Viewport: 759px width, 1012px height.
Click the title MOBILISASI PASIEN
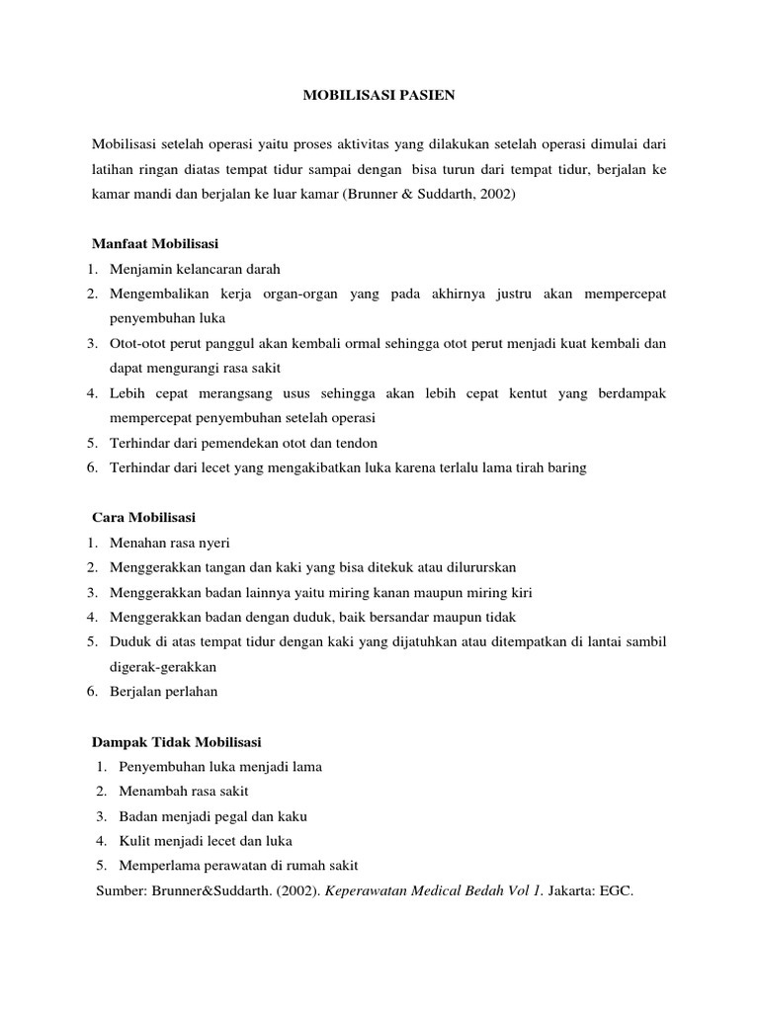(379, 96)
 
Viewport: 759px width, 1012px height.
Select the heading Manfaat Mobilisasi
(155, 243)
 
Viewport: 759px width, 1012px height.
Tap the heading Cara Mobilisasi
(143, 518)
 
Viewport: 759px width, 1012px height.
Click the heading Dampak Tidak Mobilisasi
(176, 741)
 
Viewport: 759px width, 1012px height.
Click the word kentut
(528, 393)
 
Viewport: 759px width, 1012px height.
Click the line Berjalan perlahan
(163, 692)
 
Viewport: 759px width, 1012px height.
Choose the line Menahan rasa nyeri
(169, 543)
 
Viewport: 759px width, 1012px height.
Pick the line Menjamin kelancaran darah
(196, 269)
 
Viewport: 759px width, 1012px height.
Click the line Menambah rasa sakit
(184, 791)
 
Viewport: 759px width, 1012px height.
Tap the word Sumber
(120, 890)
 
